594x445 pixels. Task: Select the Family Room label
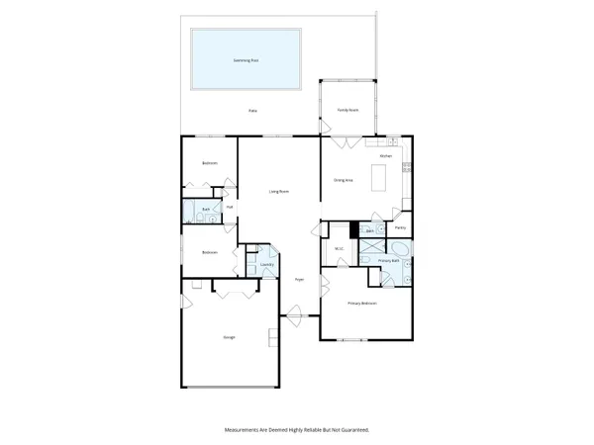(346, 110)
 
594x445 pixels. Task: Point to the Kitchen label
(387, 155)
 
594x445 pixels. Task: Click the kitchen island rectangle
(377, 178)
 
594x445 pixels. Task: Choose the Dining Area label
(344, 180)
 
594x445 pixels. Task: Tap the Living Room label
(279, 191)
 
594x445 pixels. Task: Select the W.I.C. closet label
(339, 248)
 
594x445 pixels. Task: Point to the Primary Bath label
(388, 260)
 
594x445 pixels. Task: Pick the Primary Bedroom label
(361, 303)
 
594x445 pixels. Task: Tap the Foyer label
(298, 281)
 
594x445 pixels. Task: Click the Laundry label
(266, 265)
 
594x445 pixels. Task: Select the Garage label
(229, 338)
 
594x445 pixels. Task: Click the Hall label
(229, 207)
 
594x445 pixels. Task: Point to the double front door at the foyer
(294, 316)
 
